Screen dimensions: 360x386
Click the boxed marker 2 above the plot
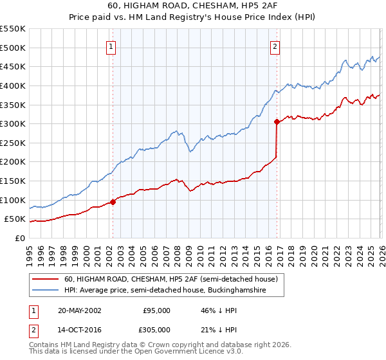pyautogui.click(x=275, y=46)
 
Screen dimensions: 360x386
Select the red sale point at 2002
pyautogui.click(x=113, y=202)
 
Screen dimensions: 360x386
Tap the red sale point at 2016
pyautogui.click(x=277, y=122)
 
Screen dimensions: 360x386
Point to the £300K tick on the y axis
pyautogui.click(x=13, y=123)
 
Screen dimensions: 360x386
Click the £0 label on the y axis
pyautogui.click(x=19, y=238)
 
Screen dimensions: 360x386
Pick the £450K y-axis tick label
pyautogui.click(x=13, y=66)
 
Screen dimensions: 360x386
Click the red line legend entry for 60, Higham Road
pyautogui.click(x=170, y=279)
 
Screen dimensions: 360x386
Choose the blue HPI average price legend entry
pyautogui.click(x=174, y=291)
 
